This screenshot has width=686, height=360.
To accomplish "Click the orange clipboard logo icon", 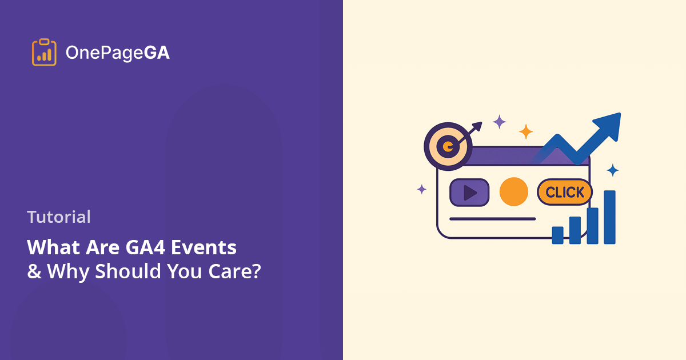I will tap(44, 53).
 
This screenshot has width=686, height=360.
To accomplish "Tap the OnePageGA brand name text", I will tap(117, 53).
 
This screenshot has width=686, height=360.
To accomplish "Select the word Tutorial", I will tap(59, 217).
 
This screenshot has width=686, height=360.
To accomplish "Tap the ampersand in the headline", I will tap(34, 271).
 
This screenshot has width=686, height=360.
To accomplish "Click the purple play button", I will tap(469, 193).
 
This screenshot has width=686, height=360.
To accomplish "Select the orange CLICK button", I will tap(564, 193).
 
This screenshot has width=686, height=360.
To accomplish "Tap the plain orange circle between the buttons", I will tap(513, 192).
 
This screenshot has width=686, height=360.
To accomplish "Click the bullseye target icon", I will tap(448, 147).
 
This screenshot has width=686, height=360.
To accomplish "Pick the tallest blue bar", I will tap(609, 217).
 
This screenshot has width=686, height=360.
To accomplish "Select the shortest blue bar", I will tap(557, 235).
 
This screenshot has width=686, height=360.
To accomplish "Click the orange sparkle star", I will tap(526, 132).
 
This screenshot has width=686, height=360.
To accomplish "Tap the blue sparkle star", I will tap(612, 170).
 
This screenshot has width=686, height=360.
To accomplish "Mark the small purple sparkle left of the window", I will tap(422, 189).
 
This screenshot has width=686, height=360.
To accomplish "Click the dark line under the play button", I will tap(492, 219).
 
